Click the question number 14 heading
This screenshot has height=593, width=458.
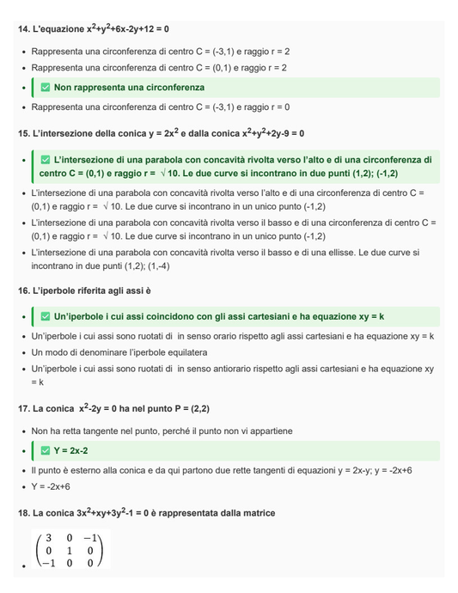click(x=94, y=29)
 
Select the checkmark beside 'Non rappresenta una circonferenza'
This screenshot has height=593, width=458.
click(x=46, y=88)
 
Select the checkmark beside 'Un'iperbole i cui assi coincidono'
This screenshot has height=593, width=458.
click(x=46, y=316)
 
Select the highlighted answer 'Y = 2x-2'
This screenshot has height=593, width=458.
click(x=71, y=450)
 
